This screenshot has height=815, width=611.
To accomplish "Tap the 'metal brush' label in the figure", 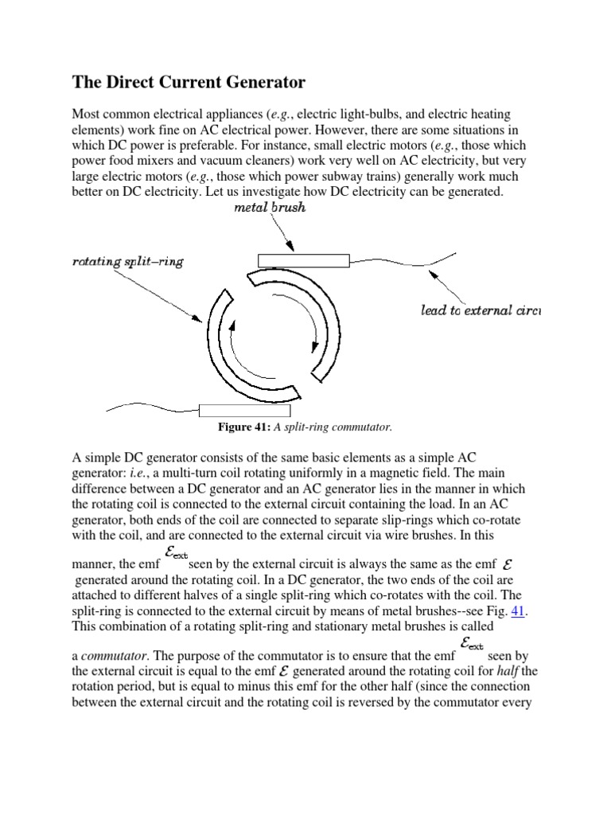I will [x=270, y=209].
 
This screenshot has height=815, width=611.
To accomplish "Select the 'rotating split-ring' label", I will [x=127, y=261].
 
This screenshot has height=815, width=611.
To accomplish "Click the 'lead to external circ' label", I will [x=480, y=310].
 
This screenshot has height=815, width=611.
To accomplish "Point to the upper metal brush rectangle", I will [x=304, y=259].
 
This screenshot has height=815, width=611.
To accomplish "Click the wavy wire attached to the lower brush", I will [x=151, y=408].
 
